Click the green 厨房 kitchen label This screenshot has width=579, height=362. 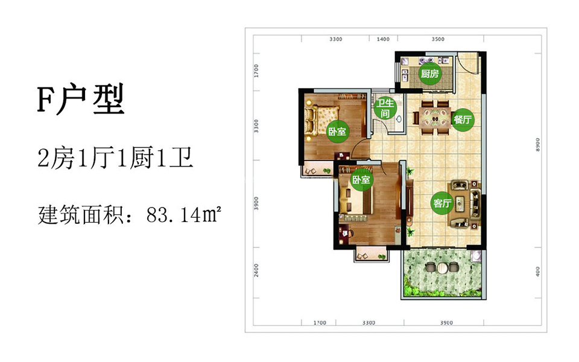(x=430, y=74)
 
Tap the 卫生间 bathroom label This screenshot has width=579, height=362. (x=385, y=108)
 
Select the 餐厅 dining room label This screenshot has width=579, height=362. (x=463, y=119)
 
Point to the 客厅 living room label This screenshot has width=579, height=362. (x=442, y=203)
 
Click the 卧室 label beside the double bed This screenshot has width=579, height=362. (x=337, y=131)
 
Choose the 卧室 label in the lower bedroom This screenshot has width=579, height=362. (x=361, y=180)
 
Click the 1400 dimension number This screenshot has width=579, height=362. (x=383, y=39)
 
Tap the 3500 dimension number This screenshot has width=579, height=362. (x=438, y=39)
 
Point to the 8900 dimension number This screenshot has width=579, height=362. (x=537, y=144)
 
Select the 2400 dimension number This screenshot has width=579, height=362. (x=256, y=270)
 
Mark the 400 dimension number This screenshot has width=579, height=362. (x=537, y=271)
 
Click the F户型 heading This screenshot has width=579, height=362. (x=81, y=100)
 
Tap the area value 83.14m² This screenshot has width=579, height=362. (x=184, y=215)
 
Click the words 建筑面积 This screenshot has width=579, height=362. (x=80, y=215)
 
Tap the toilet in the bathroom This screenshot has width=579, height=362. (x=399, y=119)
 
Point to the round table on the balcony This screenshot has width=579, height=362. (x=441, y=267)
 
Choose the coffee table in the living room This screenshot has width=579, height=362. (x=460, y=203)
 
